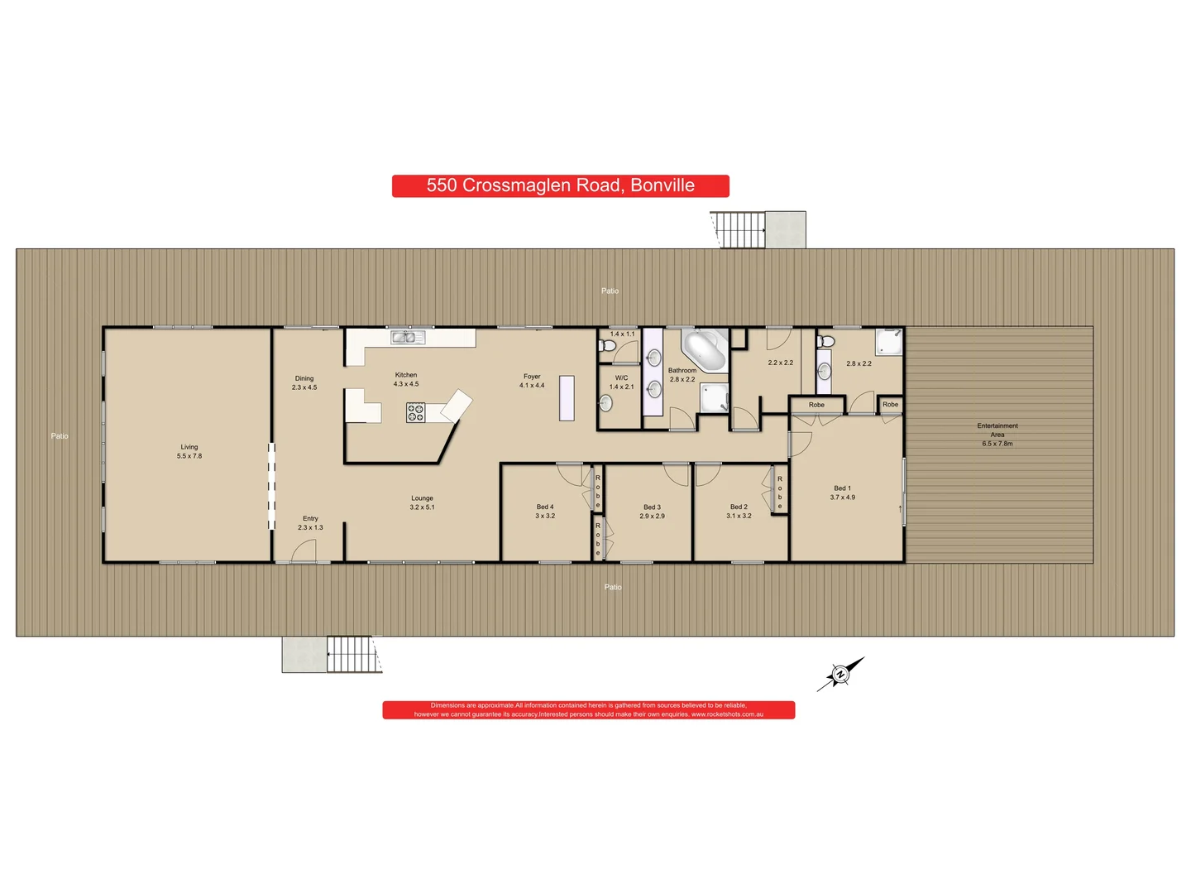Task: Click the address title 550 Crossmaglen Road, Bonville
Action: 560,185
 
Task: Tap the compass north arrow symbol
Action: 840,674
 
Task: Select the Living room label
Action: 189,447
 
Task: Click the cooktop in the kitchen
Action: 415,411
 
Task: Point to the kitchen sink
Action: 407,337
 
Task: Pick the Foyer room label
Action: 532,377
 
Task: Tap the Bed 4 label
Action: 545,507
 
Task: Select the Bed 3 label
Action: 652,507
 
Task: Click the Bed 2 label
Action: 739,507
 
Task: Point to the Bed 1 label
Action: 842,488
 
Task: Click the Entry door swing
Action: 304,551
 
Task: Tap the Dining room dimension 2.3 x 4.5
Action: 304,387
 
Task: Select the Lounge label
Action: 422,498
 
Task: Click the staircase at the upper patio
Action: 738,229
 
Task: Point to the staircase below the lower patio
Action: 353,654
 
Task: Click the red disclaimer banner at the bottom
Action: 588,710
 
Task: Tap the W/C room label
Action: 621,377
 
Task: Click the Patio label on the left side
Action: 60,436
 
